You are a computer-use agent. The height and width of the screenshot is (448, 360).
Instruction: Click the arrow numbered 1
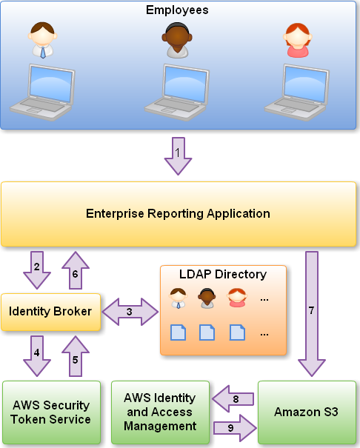(x=178, y=156)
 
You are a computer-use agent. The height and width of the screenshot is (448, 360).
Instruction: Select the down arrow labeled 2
(x=37, y=270)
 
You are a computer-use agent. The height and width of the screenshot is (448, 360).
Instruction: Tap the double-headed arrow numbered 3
(x=130, y=312)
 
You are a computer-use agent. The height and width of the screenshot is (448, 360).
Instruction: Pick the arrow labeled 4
(x=37, y=355)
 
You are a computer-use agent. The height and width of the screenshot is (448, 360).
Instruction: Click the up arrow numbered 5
(x=76, y=356)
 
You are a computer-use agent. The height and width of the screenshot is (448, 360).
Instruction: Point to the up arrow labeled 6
(x=76, y=270)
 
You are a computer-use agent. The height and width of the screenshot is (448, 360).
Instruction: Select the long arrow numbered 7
(x=312, y=314)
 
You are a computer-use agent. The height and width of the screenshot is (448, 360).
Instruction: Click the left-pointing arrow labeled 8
(x=233, y=399)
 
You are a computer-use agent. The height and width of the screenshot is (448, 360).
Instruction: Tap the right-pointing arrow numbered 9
(x=235, y=428)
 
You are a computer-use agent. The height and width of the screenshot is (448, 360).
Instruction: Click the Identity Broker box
(x=51, y=312)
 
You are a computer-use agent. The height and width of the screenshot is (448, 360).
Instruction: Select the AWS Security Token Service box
(x=51, y=412)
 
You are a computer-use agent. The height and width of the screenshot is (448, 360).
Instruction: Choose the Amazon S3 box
(x=307, y=412)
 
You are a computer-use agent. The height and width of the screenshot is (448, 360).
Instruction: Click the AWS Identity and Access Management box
(x=160, y=412)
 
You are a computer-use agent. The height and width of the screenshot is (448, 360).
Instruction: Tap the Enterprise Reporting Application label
(x=178, y=214)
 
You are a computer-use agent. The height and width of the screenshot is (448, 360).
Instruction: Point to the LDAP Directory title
(x=223, y=274)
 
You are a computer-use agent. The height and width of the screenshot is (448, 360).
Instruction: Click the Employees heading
(x=177, y=10)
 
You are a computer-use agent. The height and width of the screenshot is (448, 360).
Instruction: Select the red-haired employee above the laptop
(x=298, y=40)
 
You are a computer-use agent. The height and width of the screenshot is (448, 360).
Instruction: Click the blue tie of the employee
(x=43, y=53)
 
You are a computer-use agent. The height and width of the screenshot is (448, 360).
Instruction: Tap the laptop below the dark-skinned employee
(x=177, y=92)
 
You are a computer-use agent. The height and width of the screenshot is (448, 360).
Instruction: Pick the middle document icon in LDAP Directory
(x=207, y=332)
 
